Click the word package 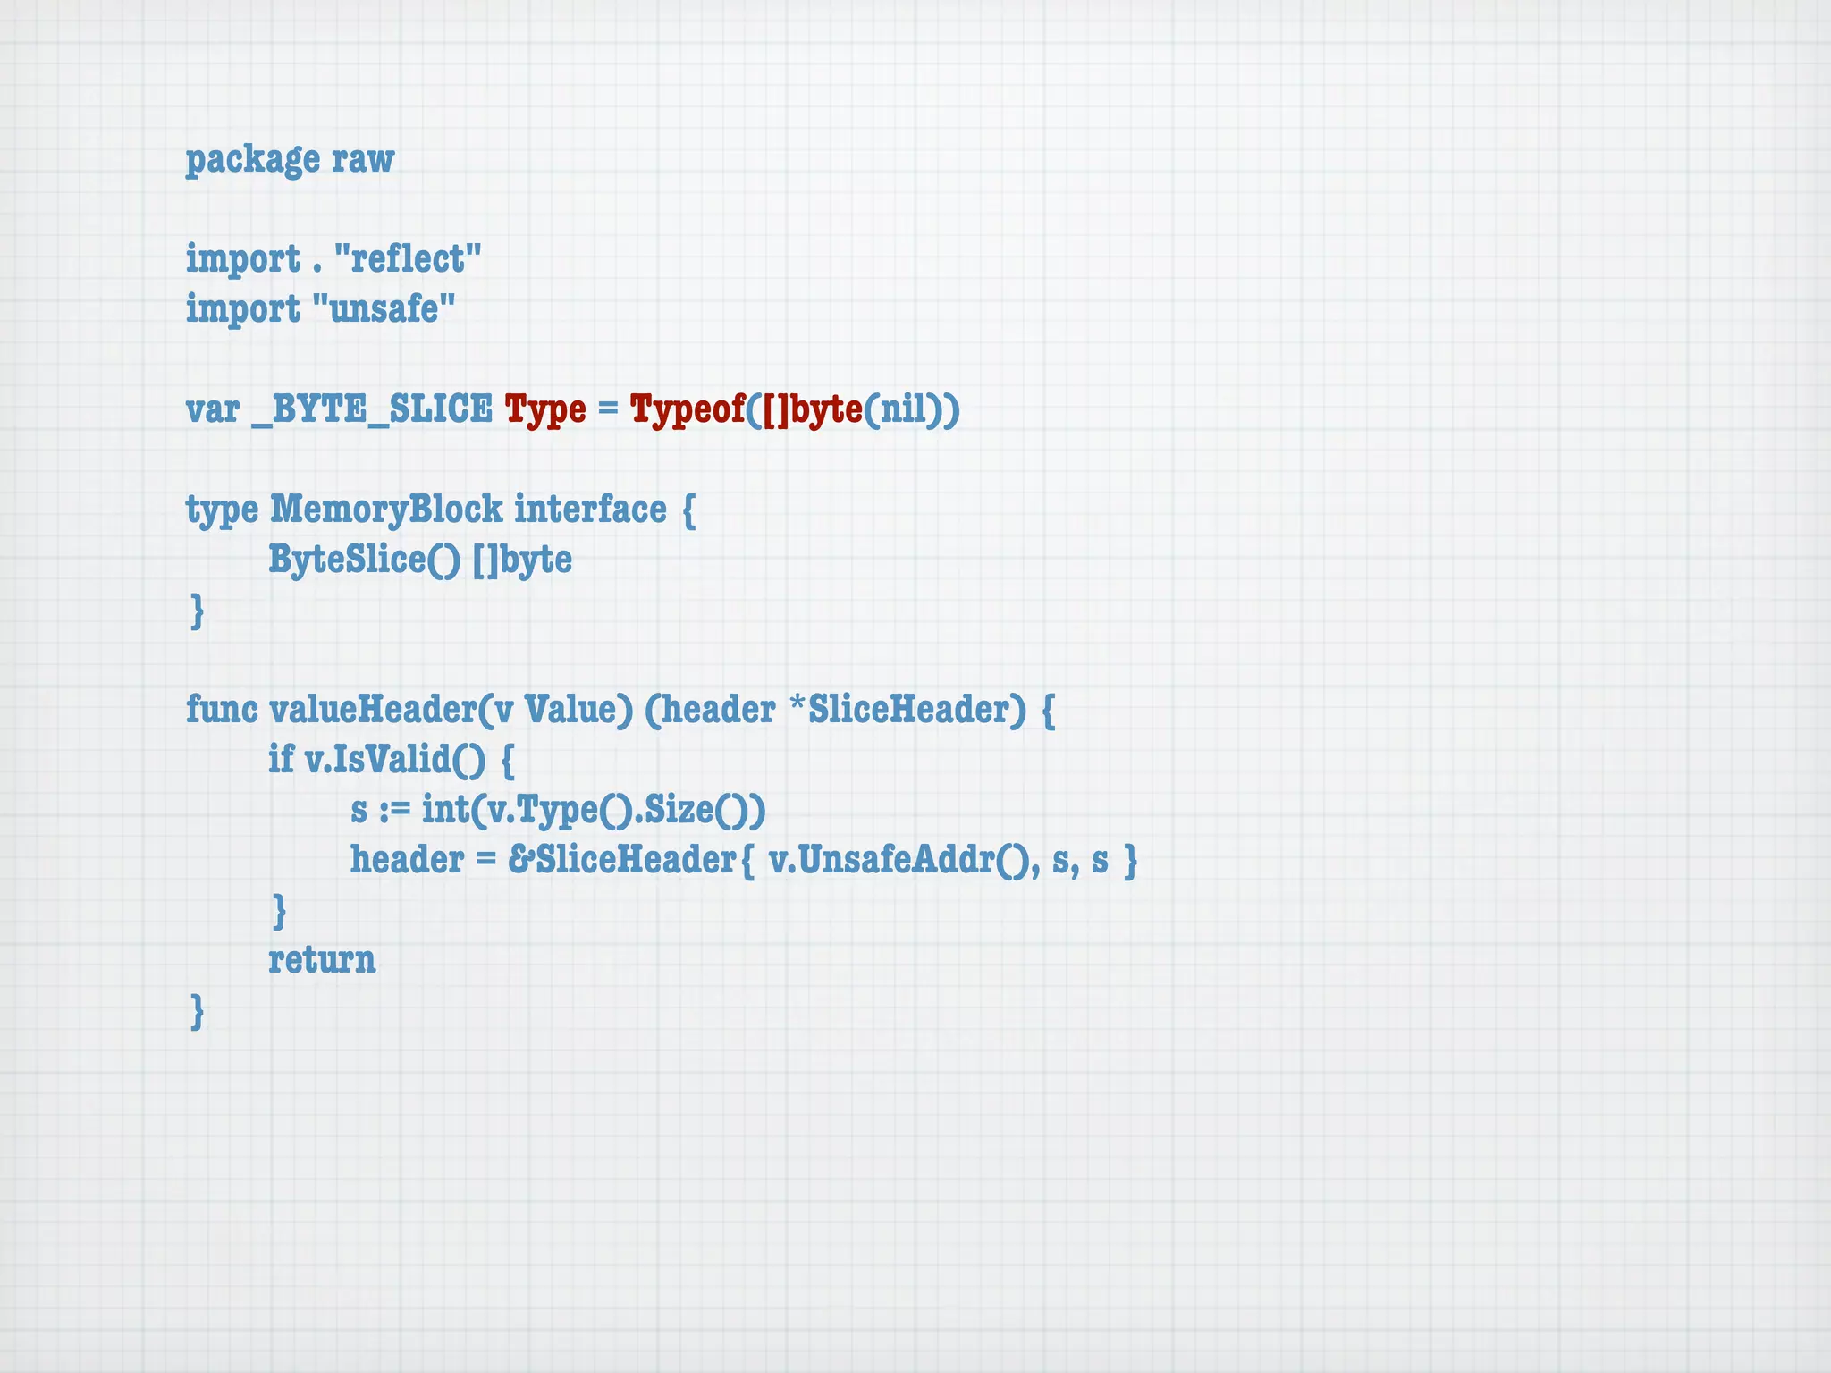pos(252,160)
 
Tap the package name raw pos(363,160)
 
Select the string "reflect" pos(408,259)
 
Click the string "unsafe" pos(384,309)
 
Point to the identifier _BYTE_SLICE pos(372,409)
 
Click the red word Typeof pos(688,409)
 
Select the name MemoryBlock pos(386,510)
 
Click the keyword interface pos(590,510)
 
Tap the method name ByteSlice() pos(365,560)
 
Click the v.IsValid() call pos(395,760)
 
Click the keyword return pos(322,960)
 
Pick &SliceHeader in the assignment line pos(622,860)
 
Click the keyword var pos(213,409)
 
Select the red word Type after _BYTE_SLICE pos(545,409)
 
